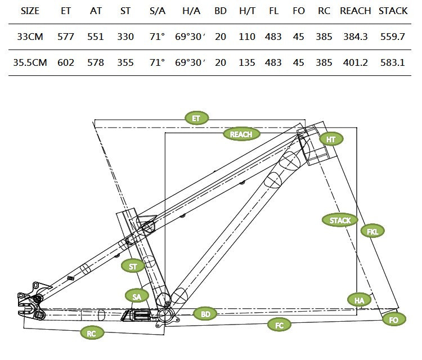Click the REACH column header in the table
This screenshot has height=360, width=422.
(x=356, y=11)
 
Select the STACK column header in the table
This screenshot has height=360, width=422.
(x=393, y=11)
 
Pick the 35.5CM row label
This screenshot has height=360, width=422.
(x=30, y=62)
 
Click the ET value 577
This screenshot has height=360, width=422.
(x=66, y=37)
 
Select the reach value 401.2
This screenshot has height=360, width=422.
(x=356, y=62)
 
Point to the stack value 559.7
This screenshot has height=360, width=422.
(x=393, y=37)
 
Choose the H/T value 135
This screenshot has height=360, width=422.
(x=246, y=62)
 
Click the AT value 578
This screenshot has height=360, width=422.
(x=96, y=62)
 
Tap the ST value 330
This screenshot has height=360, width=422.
(x=125, y=37)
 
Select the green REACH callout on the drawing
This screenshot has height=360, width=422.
(x=241, y=134)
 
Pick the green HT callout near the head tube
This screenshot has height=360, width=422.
(x=331, y=139)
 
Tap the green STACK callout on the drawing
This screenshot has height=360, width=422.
(x=340, y=220)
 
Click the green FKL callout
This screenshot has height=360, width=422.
(x=372, y=231)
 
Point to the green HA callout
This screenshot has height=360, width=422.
(x=360, y=300)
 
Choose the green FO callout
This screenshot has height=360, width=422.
(x=394, y=319)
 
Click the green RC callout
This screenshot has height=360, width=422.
(x=92, y=333)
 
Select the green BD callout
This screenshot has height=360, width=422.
(x=205, y=313)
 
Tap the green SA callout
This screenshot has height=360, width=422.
(x=137, y=295)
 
